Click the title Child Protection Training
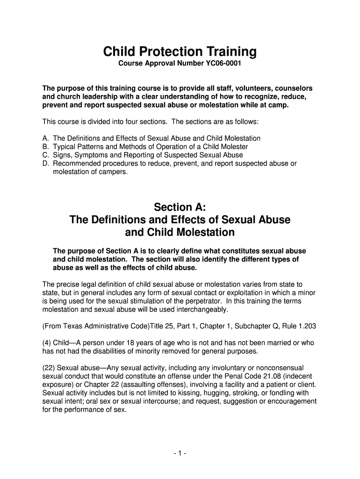click(180, 51)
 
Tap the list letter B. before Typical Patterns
click(46, 147)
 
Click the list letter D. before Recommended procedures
click(46, 163)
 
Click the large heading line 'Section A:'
click(180, 207)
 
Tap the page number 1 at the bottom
click(180, 453)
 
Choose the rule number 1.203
click(309, 326)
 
